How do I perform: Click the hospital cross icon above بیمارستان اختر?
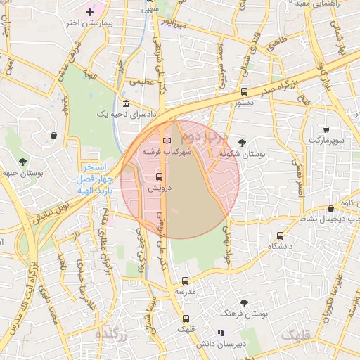[89, 12]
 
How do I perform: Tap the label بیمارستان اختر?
[89, 23]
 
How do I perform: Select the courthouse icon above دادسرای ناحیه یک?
[126, 104]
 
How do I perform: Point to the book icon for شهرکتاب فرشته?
[166, 141]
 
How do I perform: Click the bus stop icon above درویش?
[158, 176]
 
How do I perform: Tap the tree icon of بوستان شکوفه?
[242, 143]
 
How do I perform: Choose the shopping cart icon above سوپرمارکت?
[326, 129]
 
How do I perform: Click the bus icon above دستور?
[244, 92]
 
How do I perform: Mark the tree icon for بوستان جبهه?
[23, 161]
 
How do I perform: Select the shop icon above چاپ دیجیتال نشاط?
[330, 209]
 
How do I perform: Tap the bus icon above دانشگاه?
[281, 236]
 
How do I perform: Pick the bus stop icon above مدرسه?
[185, 281]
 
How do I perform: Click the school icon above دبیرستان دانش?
[221, 333]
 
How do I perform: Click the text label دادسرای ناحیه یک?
[126, 115]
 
